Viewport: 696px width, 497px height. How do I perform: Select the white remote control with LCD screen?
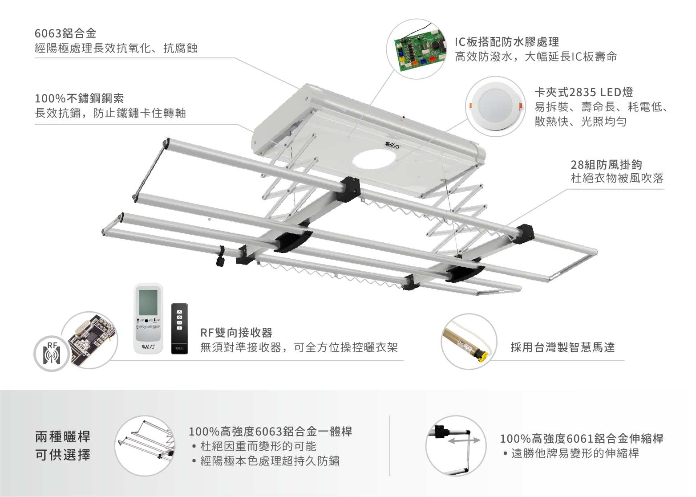pyautogui.click(x=148, y=318)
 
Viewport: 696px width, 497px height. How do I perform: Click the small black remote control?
pyautogui.click(x=179, y=329)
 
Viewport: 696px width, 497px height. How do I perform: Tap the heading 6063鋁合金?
pyautogui.click(x=65, y=33)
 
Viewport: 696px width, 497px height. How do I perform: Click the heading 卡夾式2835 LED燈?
pyautogui.click(x=583, y=92)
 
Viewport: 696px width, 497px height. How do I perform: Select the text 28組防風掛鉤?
pyautogui.click(x=606, y=164)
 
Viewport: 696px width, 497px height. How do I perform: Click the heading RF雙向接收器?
pyautogui.click(x=236, y=333)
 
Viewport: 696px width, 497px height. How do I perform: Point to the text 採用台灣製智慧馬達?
pyautogui.click(x=562, y=347)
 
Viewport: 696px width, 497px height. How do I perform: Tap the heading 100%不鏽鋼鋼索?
pyautogui.click(x=79, y=98)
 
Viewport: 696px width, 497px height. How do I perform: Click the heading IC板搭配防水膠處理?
pyautogui.click(x=507, y=42)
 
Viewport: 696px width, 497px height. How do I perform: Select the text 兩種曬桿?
pyautogui.click(x=63, y=436)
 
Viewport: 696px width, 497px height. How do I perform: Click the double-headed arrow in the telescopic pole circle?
pyautogui.click(x=464, y=440)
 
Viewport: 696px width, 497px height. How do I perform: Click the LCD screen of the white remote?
pyautogui.click(x=148, y=302)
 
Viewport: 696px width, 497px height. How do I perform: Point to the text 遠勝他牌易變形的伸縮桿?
pyautogui.click(x=575, y=453)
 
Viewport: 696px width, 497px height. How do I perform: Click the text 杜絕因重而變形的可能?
pyautogui.click(x=258, y=446)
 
